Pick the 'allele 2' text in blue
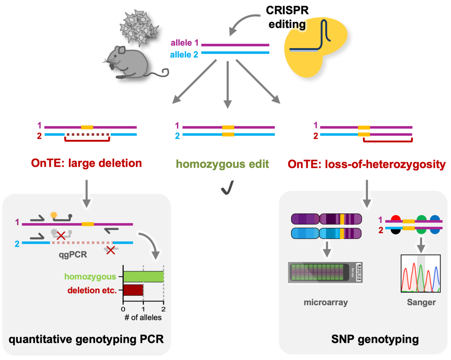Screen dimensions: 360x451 (x=184, y=54)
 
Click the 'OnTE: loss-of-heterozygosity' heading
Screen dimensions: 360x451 (x=367, y=164)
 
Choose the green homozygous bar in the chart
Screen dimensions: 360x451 (x=143, y=277)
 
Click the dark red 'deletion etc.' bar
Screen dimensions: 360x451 (x=133, y=290)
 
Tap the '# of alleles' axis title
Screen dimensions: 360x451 (x=143, y=318)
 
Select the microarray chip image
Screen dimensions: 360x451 (x=326, y=273)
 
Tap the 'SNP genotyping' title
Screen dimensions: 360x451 (x=365, y=340)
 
